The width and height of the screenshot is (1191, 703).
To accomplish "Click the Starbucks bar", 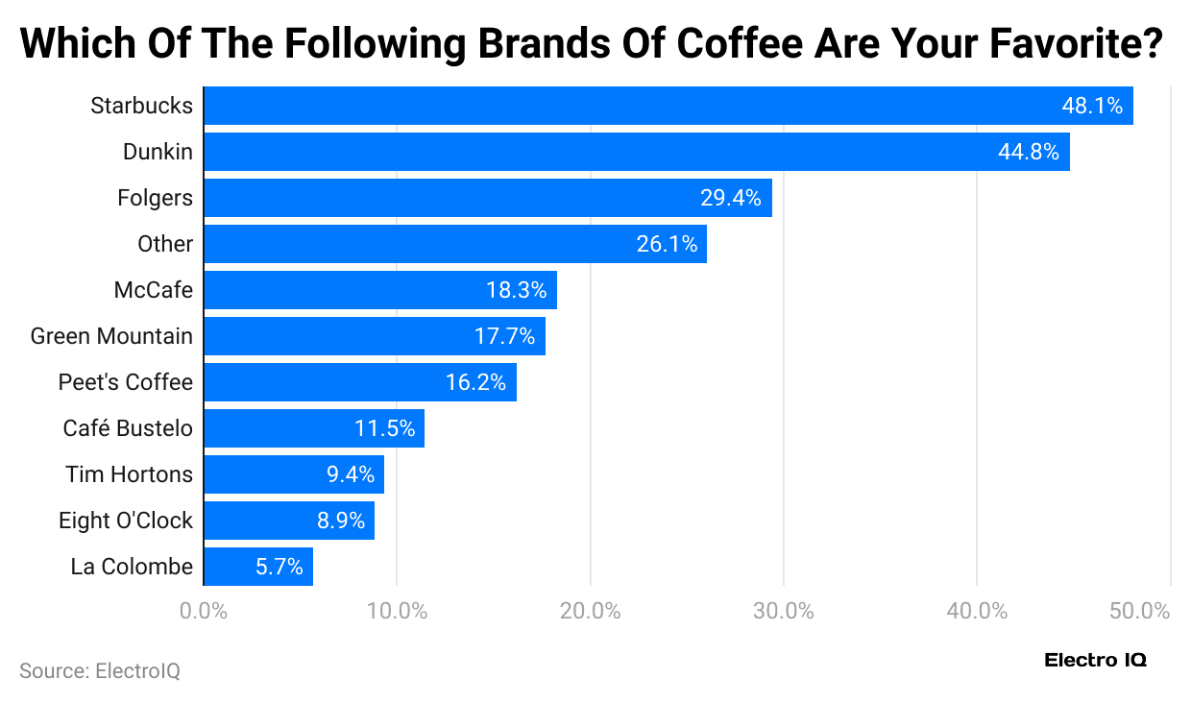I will [x=668, y=106].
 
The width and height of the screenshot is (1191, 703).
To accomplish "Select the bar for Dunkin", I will [x=636, y=152].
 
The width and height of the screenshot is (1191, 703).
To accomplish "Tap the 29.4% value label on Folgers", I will [x=730, y=198].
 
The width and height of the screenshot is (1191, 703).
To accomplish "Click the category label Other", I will [x=165, y=244].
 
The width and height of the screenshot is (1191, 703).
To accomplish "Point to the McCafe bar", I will [x=379, y=290].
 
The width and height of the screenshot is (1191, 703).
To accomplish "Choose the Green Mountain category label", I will [x=111, y=336].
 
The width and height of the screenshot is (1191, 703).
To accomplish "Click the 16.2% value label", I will [x=475, y=382].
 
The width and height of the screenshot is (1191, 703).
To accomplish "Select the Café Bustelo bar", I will [x=313, y=428].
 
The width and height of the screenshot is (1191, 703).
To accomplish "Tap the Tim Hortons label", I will [x=129, y=474].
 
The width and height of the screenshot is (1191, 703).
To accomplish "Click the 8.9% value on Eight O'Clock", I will [x=341, y=521].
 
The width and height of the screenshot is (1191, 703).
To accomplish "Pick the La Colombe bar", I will [x=257, y=567].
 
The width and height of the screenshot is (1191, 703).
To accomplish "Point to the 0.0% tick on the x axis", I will [x=204, y=611].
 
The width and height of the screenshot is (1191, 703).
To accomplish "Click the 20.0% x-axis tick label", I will [x=590, y=611].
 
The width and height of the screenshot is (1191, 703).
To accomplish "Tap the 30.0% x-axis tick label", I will [x=784, y=611].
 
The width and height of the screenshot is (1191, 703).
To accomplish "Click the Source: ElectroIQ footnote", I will [x=100, y=670].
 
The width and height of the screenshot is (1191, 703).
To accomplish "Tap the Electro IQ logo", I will [x=1095, y=660].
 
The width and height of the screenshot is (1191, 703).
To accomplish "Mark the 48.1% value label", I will [x=1092, y=106].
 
